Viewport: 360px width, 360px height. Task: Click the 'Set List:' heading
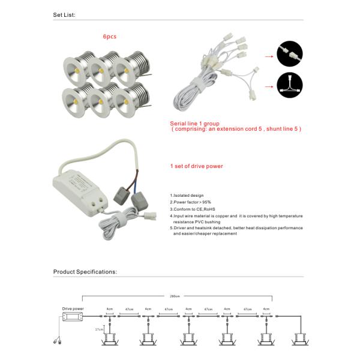pyautogui.click(x=65, y=13)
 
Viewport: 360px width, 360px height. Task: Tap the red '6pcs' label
pyautogui.click(x=110, y=37)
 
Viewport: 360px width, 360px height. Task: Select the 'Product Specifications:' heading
pyautogui.click(x=85, y=271)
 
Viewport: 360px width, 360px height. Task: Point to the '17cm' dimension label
pyautogui.click(x=99, y=329)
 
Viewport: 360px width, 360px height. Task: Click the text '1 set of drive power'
pyautogui.click(x=197, y=166)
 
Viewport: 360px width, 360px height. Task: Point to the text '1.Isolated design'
pyautogui.click(x=187, y=196)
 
